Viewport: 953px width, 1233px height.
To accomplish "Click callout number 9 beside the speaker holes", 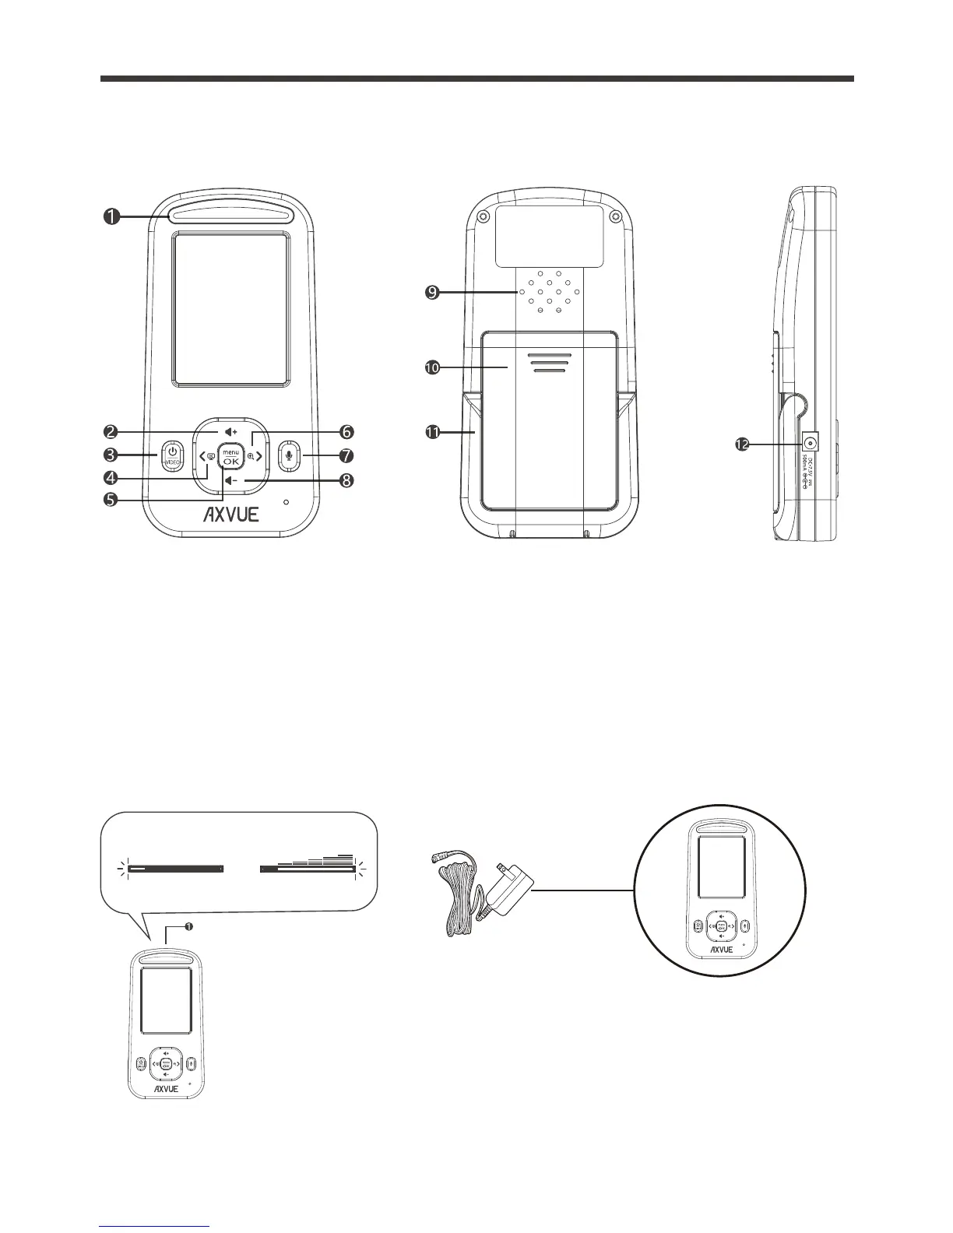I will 431,293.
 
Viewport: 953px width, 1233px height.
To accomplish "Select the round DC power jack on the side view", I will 811,444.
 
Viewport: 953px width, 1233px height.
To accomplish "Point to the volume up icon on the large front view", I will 230,431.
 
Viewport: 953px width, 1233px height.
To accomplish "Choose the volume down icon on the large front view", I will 230,481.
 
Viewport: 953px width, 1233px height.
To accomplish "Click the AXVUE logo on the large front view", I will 231,515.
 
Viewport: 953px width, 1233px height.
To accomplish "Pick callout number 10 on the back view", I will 431,367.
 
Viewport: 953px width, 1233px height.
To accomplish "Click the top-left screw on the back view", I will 484,216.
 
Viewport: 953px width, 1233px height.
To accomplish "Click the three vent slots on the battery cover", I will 550,364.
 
